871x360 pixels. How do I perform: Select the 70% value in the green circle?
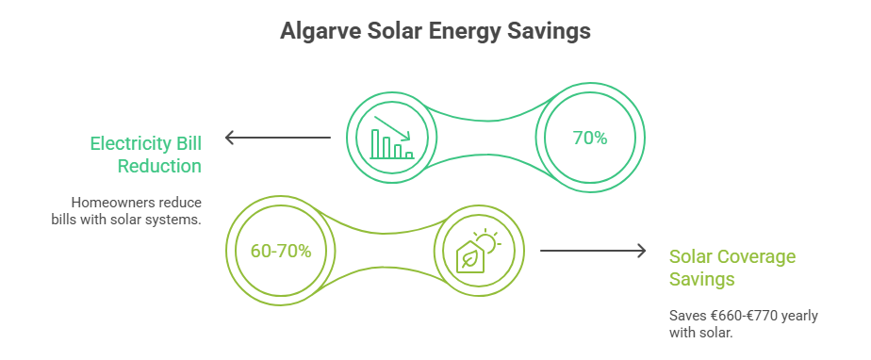coord(590,138)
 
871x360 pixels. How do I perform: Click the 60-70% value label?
coord(281,252)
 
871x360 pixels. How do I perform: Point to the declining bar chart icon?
coord(392,138)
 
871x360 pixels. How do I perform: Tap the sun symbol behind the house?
coord(487,242)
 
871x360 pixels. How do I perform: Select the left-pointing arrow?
coord(278,139)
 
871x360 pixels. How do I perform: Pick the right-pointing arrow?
coord(592,251)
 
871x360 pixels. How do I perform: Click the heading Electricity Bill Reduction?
coord(145,155)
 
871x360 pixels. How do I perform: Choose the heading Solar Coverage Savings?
coord(732,268)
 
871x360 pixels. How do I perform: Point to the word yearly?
coord(798,315)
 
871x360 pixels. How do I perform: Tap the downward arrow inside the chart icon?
coord(388,127)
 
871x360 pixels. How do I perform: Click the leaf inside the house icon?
coord(468,260)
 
